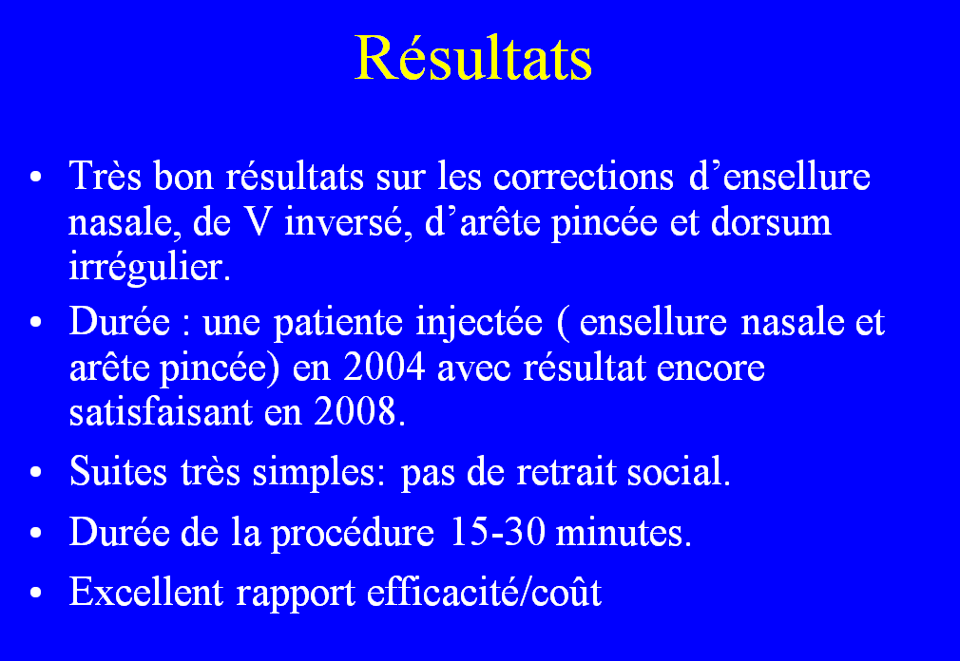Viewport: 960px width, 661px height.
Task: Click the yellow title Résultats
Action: (473, 59)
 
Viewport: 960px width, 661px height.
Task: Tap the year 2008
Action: (355, 413)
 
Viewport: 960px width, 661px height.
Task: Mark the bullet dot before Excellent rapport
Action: (36, 594)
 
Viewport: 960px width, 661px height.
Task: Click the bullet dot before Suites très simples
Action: (36, 473)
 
